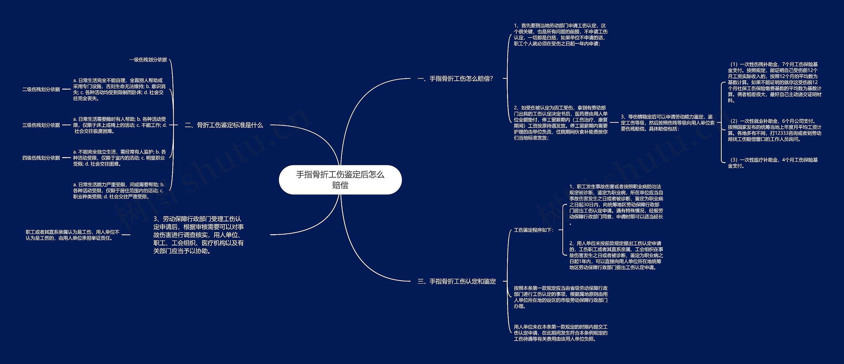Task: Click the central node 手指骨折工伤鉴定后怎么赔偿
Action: (340, 180)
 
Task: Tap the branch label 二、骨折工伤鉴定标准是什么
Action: (224, 125)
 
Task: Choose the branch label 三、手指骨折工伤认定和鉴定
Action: (457, 281)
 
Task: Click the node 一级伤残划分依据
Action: (148, 60)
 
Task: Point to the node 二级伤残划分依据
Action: (41, 89)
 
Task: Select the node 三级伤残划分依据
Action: (41, 125)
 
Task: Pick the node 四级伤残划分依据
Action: (41, 158)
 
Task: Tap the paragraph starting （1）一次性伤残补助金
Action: (774, 82)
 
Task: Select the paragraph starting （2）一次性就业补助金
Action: (774, 130)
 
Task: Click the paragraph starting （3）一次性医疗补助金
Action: (773, 163)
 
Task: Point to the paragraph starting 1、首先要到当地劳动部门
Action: (560, 35)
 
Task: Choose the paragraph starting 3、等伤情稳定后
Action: (668, 123)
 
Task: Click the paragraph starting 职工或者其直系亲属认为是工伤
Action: (73, 235)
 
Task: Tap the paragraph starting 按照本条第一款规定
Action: (560, 297)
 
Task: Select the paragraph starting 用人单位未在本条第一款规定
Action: (560, 333)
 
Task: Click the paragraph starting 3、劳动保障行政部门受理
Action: (198, 235)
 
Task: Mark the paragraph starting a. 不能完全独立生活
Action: (119, 158)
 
